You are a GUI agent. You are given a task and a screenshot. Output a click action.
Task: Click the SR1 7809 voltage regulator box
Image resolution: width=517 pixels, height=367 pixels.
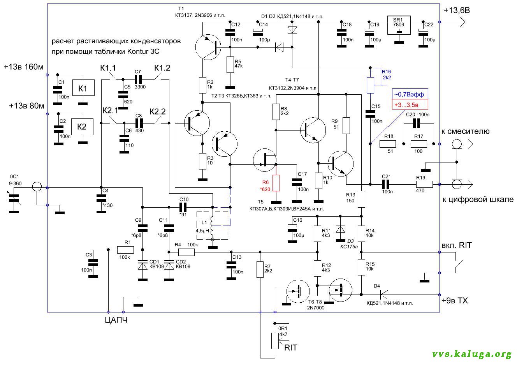click(399, 25)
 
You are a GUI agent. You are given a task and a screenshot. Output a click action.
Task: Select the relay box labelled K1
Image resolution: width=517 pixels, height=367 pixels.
click(83, 88)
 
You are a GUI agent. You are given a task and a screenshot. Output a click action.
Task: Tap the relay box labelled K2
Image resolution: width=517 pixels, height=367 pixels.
click(82, 127)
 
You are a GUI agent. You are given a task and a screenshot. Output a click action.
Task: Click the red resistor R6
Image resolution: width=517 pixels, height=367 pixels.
click(276, 183)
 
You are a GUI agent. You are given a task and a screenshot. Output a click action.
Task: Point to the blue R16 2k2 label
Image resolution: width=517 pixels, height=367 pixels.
click(387, 74)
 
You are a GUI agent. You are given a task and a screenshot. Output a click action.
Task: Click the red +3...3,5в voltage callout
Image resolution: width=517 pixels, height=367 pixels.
click(410, 105)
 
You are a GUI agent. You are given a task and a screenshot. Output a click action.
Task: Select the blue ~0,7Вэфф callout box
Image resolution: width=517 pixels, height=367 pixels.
click(410, 94)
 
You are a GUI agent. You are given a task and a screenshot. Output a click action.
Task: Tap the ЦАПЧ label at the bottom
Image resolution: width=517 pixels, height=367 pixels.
click(116, 320)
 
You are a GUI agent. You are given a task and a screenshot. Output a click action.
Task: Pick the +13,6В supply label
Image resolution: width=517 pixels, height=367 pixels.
click(457, 11)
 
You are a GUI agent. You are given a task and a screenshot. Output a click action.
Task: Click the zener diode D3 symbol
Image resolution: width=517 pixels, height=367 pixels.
click(340, 229)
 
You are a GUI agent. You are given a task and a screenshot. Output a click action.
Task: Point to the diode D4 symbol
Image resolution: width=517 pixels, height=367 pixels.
click(384, 295)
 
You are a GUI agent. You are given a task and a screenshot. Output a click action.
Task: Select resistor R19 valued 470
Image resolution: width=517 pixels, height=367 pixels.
click(424, 184)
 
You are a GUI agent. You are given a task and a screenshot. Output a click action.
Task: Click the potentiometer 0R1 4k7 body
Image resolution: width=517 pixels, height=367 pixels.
click(275, 341)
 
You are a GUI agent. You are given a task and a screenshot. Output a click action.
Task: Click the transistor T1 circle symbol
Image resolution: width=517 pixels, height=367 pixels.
click(208, 47)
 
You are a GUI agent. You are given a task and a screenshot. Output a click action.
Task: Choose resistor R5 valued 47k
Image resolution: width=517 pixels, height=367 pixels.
click(230, 65)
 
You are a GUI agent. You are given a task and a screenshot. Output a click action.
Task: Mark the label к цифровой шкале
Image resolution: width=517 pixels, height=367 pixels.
click(478, 199)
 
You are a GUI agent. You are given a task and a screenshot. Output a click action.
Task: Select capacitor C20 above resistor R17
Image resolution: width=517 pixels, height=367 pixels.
click(417, 124)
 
